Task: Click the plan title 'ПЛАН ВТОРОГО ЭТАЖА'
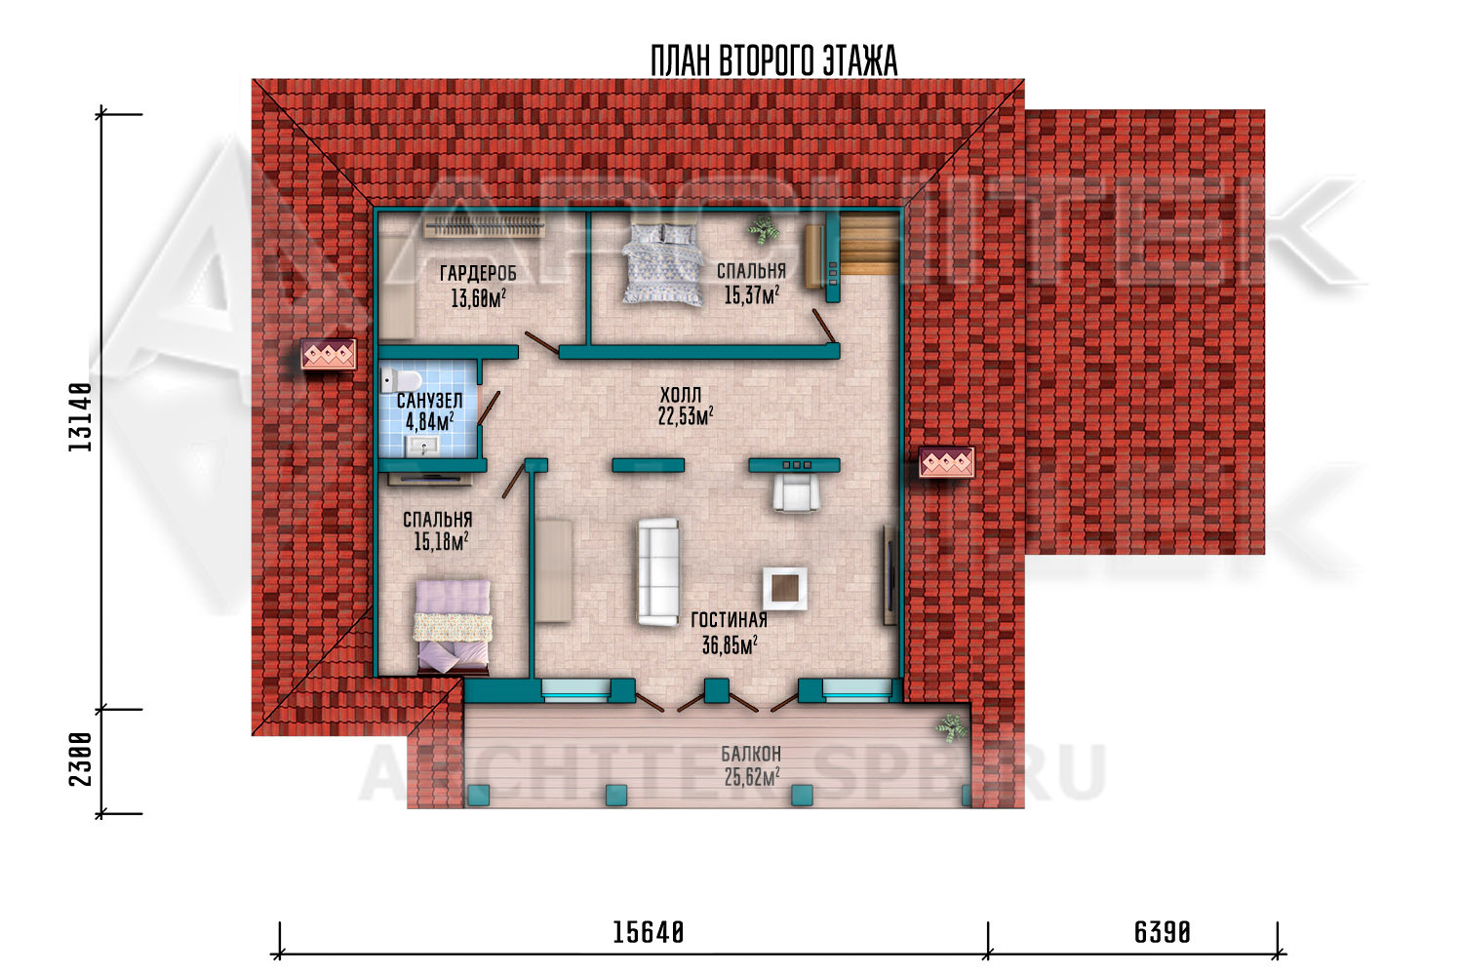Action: tap(774, 61)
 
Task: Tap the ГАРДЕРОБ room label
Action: tap(478, 272)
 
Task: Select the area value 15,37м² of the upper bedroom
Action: tap(751, 295)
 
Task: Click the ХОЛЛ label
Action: tap(681, 395)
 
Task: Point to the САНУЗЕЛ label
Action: tap(430, 400)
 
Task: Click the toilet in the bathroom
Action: tap(402, 379)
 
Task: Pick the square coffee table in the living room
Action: tap(784, 589)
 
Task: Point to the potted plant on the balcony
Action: tap(950, 728)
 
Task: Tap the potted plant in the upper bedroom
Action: tap(764, 230)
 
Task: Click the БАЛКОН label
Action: tap(751, 754)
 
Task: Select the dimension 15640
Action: tap(648, 932)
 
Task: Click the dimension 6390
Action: tap(1163, 932)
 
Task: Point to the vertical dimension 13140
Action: tap(80, 417)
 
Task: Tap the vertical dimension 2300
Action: tap(80, 760)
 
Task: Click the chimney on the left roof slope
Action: tap(329, 355)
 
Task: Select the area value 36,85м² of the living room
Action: tap(730, 645)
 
